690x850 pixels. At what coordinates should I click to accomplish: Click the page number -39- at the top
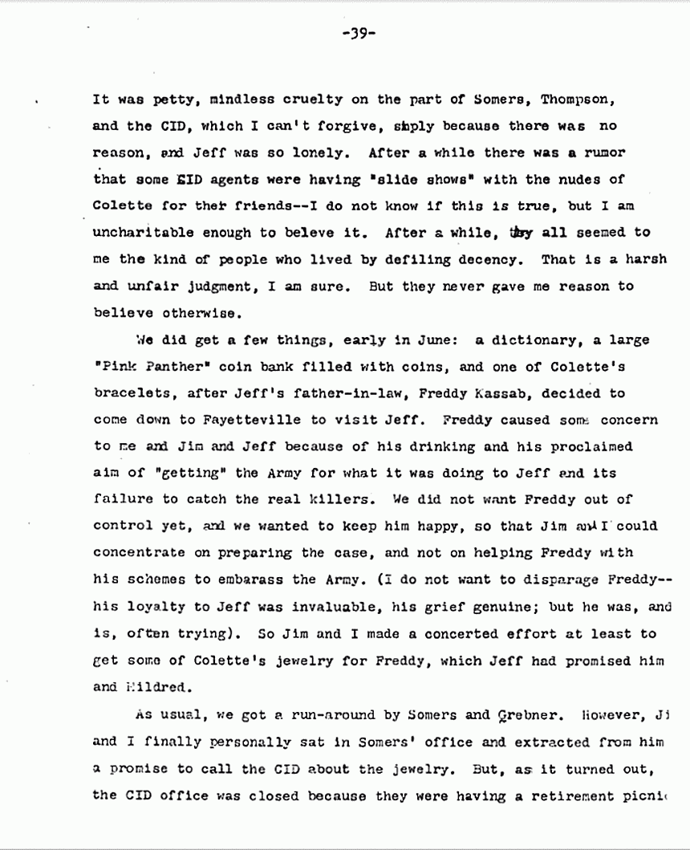(359, 33)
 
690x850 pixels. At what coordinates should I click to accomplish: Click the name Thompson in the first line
(582, 100)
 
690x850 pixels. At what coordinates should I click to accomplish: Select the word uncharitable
(140, 232)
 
